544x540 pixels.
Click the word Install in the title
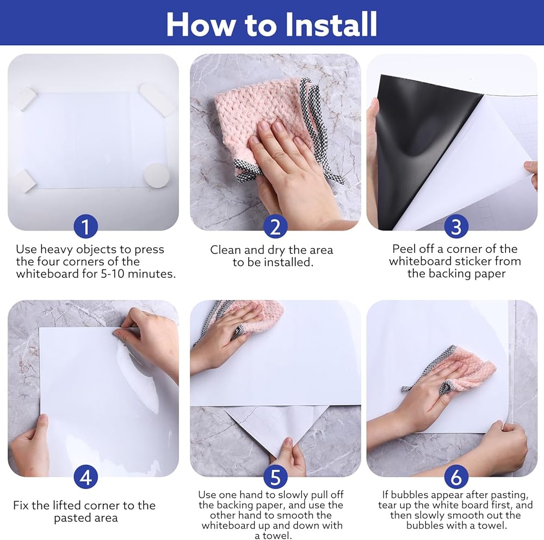[331, 24]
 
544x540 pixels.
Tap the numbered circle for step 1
[86, 226]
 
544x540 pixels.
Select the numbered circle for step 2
[275, 226]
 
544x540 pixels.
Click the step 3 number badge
[456, 226]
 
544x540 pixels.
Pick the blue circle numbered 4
[86, 477]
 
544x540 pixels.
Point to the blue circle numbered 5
[275, 477]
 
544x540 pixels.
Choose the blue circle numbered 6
[456, 477]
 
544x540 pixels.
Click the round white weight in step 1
[157, 175]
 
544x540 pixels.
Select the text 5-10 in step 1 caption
[113, 274]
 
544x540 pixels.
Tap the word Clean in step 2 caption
[226, 250]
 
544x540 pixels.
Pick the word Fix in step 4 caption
[21, 505]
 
